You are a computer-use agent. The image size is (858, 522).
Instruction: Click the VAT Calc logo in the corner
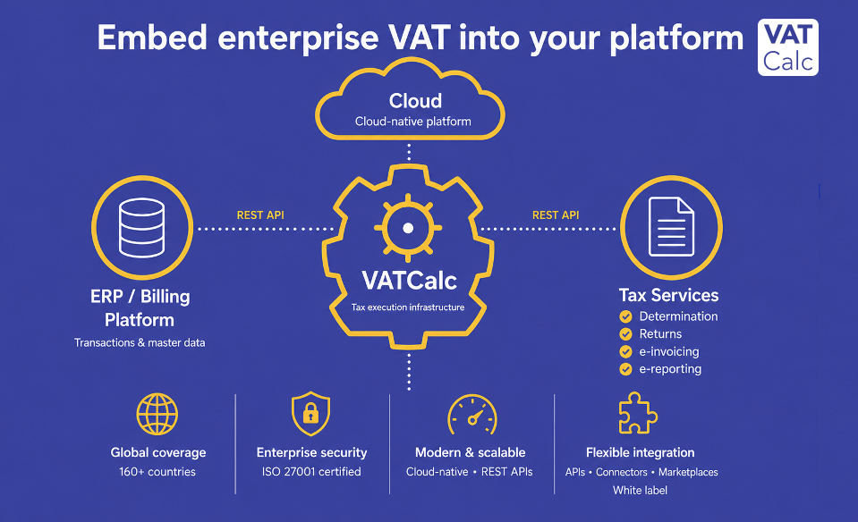coord(788,47)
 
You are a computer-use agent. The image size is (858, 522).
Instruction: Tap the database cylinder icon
coord(141,227)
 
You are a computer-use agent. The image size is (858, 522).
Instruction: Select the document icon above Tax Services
coord(671,226)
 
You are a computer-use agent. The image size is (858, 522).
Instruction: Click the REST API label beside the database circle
coord(260,215)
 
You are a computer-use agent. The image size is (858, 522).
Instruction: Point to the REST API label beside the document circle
coord(556,215)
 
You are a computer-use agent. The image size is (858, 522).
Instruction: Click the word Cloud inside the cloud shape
coord(415,101)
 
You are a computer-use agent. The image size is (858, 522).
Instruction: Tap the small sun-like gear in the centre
coord(408,228)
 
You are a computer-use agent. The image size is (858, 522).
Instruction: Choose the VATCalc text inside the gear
coord(409,281)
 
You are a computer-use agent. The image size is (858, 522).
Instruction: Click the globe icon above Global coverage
coord(157,415)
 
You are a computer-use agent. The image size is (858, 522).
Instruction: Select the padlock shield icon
coord(310,413)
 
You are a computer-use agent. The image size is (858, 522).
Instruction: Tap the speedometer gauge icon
coord(472,415)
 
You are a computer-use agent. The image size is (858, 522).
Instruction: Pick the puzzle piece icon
coord(638,413)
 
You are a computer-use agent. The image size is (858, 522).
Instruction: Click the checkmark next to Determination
coord(625,316)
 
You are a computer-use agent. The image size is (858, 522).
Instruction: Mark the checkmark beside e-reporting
coord(625,369)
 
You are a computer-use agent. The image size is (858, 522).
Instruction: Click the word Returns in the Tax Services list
coord(660,334)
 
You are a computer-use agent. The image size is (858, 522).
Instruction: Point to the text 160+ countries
coord(157,472)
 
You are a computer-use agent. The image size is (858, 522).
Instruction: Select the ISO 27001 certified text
coord(311,472)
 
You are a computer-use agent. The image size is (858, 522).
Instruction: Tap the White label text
coord(640,491)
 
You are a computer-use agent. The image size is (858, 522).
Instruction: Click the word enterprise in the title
coord(298,38)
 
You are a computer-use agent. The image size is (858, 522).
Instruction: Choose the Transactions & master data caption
coord(140,342)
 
